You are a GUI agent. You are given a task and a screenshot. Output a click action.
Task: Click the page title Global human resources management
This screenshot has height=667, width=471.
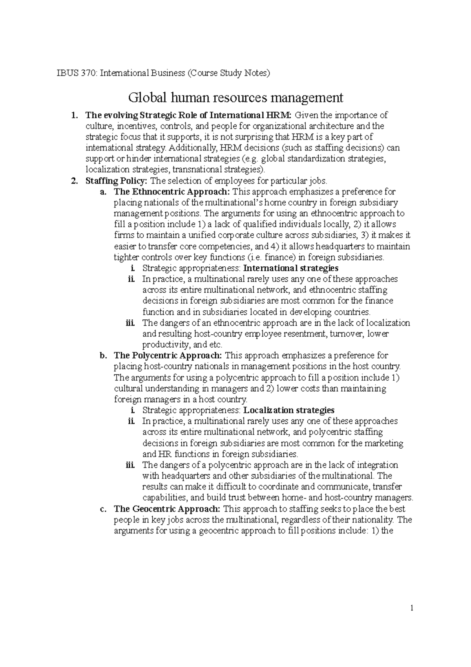click(236, 97)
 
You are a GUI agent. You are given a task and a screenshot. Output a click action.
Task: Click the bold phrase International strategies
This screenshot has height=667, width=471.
click(291, 268)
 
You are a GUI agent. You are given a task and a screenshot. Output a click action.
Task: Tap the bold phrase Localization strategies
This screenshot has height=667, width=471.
click(289, 410)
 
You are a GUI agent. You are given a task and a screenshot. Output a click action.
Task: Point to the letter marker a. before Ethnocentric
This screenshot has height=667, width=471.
click(104, 192)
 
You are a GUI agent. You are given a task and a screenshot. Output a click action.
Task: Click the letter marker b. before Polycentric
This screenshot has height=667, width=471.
click(104, 356)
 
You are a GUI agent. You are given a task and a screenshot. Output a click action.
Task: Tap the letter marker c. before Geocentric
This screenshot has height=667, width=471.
click(104, 509)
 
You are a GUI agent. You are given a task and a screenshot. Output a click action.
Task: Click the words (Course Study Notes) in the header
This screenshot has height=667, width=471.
click(229, 73)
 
